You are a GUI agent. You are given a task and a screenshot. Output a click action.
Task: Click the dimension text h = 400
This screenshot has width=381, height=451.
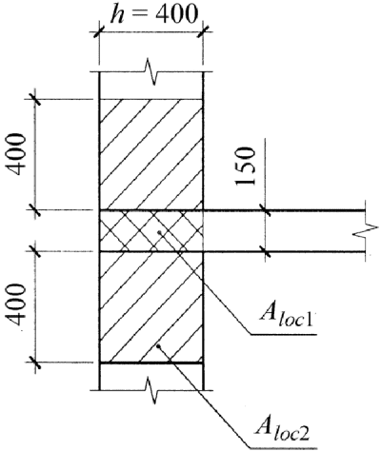[x=153, y=14]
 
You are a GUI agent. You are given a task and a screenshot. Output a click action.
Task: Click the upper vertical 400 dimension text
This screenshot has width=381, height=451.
[x=16, y=154]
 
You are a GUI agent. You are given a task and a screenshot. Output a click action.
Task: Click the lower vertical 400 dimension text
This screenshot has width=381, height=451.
[x=16, y=304]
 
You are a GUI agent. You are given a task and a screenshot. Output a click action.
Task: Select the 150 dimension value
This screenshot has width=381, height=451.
[x=246, y=166]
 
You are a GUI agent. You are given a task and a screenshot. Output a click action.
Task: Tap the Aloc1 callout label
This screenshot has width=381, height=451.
[x=287, y=318]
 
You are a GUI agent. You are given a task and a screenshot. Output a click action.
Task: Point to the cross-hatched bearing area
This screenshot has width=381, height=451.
[x=151, y=231]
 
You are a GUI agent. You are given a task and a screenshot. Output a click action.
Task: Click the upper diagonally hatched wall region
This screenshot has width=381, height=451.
[x=151, y=154]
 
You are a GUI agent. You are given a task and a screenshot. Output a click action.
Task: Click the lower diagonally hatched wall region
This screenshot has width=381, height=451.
[x=151, y=307]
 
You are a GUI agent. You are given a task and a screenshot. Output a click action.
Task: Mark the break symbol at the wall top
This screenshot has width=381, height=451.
[x=150, y=71]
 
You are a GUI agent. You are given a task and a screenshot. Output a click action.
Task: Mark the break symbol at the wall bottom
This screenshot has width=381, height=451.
[x=150, y=390]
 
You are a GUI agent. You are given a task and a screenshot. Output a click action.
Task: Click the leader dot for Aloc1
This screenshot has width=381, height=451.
[x=159, y=232]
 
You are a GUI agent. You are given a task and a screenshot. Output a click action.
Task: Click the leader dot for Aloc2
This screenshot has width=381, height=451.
[x=158, y=346]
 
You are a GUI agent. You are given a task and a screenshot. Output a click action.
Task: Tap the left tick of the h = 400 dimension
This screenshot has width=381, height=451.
[x=99, y=31]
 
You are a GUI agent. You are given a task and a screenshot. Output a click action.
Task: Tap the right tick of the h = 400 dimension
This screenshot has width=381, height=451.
[x=203, y=31]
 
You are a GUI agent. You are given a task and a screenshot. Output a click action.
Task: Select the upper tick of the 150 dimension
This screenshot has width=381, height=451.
[x=265, y=210]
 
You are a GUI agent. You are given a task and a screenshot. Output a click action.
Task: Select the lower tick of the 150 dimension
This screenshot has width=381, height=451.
[x=265, y=252]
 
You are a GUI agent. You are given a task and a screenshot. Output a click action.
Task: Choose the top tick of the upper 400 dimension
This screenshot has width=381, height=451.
[x=35, y=99]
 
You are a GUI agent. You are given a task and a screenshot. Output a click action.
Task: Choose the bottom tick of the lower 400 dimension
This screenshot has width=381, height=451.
[x=35, y=362]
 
